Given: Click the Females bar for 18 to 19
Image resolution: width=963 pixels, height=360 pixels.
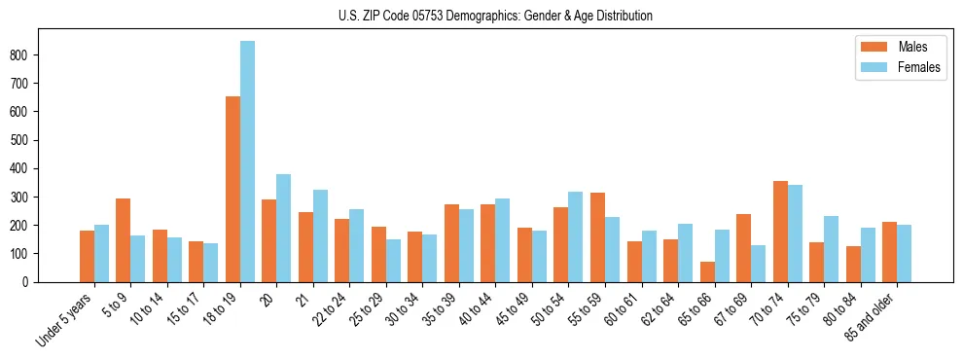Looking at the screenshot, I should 248,162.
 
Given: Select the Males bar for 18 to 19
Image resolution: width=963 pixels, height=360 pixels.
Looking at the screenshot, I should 233,189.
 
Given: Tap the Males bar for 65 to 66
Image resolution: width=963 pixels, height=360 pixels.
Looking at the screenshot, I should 707,271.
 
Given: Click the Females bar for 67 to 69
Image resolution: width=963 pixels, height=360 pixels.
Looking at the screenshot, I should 758,264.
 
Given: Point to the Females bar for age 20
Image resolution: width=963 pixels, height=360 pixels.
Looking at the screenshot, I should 284,228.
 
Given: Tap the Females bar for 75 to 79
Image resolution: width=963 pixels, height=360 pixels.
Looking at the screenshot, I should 831,249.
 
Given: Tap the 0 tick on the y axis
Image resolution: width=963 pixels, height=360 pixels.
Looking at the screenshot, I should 31,282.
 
